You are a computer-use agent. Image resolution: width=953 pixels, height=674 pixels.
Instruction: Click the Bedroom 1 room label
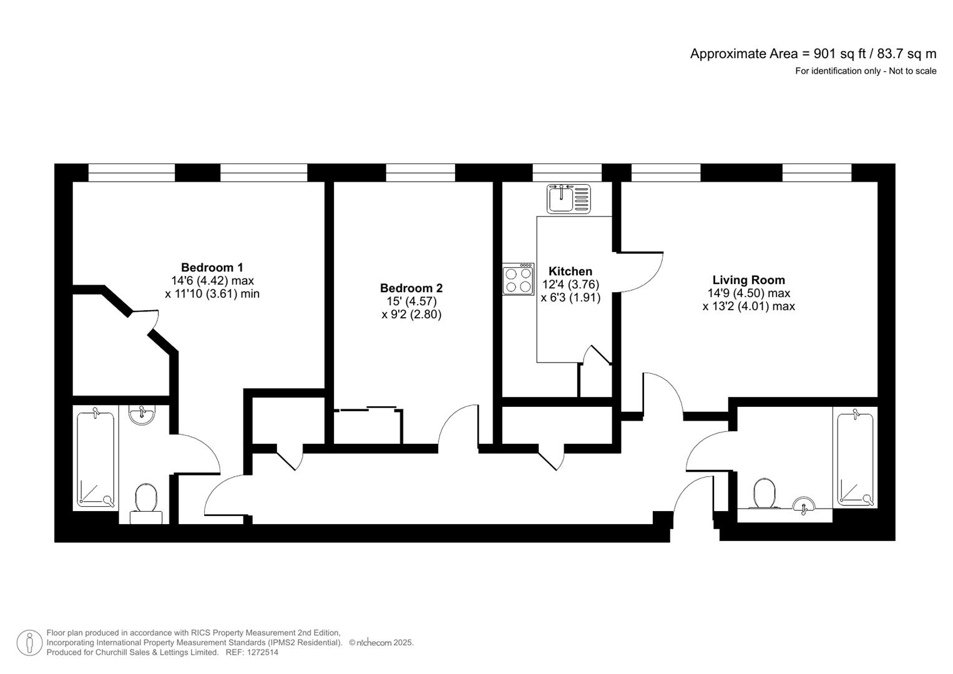tap(212, 267)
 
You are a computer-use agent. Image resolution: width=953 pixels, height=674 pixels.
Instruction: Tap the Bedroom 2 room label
tap(411, 288)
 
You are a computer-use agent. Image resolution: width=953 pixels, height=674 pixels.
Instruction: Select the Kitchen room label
tap(570, 271)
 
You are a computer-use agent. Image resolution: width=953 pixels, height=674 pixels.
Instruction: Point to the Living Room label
tap(748, 280)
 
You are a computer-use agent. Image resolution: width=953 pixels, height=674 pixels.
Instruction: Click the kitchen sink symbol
tap(568, 198)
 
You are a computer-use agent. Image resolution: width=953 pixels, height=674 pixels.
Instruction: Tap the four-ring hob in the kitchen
tap(518, 280)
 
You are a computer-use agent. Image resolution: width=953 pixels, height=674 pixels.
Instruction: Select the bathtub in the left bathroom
tap(95, 458)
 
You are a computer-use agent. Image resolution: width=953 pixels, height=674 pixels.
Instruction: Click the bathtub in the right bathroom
tap(854, 459)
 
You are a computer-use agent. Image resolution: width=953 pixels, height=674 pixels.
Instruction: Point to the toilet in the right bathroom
tap(764, 492)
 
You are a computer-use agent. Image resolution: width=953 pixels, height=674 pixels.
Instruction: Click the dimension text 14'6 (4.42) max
tap(212, 281)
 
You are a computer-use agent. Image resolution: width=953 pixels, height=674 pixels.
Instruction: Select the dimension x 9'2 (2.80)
tap(411, 315)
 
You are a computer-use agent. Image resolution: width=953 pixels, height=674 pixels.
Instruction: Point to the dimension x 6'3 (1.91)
tap(570, 298)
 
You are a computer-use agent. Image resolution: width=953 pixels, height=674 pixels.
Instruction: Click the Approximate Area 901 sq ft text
tap(813, 54)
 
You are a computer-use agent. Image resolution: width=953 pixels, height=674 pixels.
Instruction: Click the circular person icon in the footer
tap(29, 643)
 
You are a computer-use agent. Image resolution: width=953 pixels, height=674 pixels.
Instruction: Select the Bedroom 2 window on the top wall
tap(420, 173)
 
